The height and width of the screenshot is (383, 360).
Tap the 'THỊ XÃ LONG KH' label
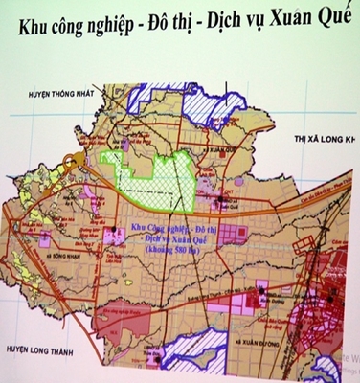tap(323, 140)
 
